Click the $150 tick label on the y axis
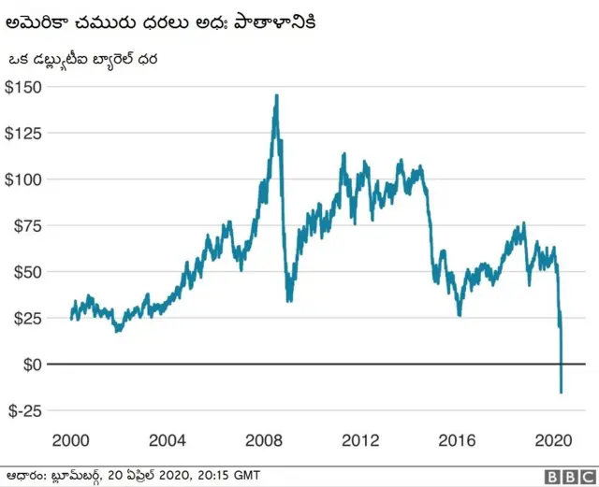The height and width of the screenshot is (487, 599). [24, 87]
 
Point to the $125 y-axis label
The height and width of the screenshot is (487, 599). [24, 133]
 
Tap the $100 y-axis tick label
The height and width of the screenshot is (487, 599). [24, 179]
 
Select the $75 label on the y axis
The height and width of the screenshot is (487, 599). [28, 225]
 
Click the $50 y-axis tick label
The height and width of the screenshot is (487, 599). [28, 271]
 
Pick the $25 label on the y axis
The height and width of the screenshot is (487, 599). [28, 318]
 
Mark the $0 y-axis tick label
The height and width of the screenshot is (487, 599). [32, 364]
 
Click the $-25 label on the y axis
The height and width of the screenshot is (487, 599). [27, 410]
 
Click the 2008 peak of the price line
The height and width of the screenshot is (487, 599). [276, 95]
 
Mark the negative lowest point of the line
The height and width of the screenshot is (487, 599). [562, 393]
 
